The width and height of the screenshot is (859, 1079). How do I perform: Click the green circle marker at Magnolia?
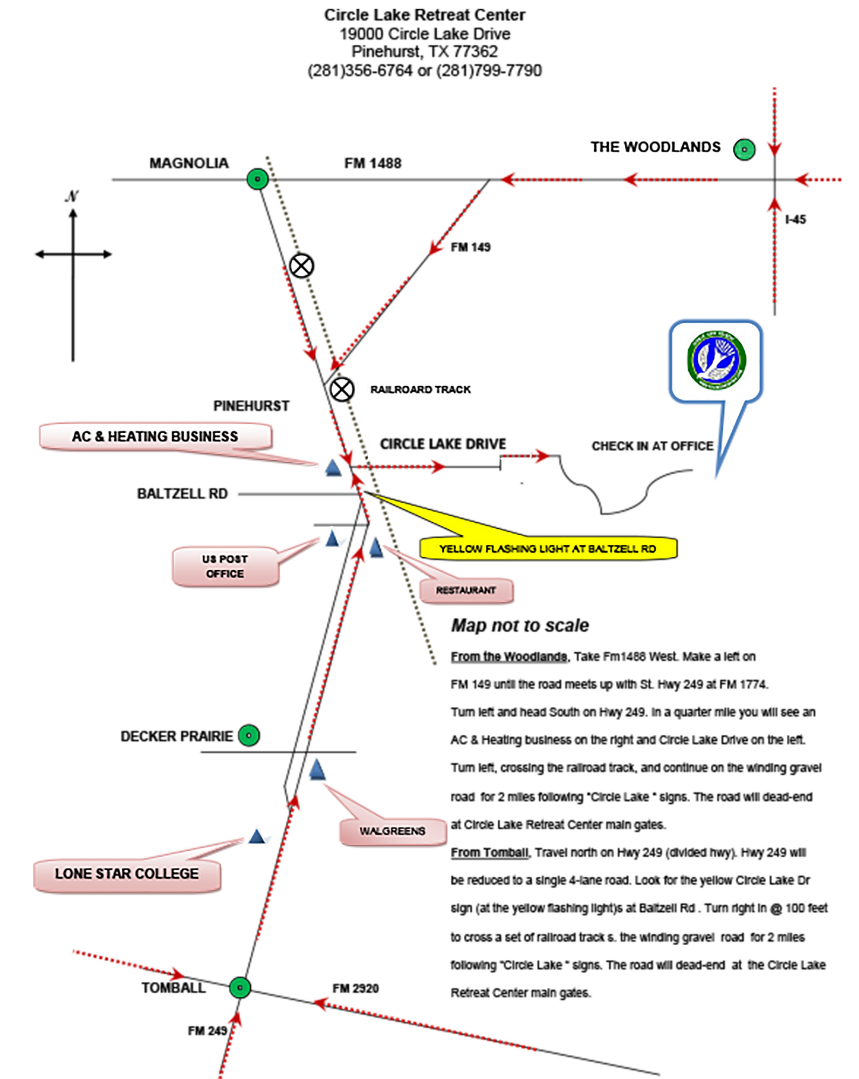pyautogui.click(x=257, y=179)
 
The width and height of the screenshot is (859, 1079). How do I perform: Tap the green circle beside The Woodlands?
pyautogui.click(x=744, y=149)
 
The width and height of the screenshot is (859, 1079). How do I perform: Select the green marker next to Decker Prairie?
pyautogui.click(x=249, y=735)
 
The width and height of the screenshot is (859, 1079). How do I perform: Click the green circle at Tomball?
pyautogui.click(x=239, y=988)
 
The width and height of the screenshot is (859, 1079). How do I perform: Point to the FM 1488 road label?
pyautogui.click(x=373, y=163)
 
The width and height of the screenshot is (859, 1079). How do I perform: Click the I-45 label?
pyautogui.click(x=795, y=220)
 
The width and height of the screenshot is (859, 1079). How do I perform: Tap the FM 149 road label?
pyautogui.click(x=470, y=247)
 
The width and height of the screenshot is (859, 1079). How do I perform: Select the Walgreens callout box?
pyautogui.click(x=393, y=831)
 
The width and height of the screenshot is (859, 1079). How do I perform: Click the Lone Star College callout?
pyautogui.click(x=127, y=873)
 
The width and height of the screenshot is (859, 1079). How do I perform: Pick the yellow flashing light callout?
pyautogui.click(x=547, y=549)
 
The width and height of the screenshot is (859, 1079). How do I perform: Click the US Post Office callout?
pyautogui.click(x=225, y=566)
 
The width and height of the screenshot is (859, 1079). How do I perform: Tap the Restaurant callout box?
pyautogui.click(x=466, y=590)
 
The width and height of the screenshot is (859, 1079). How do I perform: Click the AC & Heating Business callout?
pyautogui.click(x=155, y=436)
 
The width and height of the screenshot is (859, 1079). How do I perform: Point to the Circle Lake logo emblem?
pyautogui.click(x=716, y=360)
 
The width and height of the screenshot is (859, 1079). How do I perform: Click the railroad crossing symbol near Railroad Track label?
pyautogui.click(x=342, y=390)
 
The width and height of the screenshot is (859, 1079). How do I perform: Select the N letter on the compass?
pyautogui.click(x=72, y=196)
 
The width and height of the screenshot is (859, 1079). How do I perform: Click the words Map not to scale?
pyautogui.click(x=520, y=625)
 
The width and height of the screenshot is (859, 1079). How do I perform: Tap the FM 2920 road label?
pyautogui.click(x=355, y=988)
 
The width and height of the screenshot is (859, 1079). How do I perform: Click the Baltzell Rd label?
pyautogui.click(x=182, y=494)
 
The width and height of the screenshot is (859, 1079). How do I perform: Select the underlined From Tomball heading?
pyautogui.click(x=490, y=852)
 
